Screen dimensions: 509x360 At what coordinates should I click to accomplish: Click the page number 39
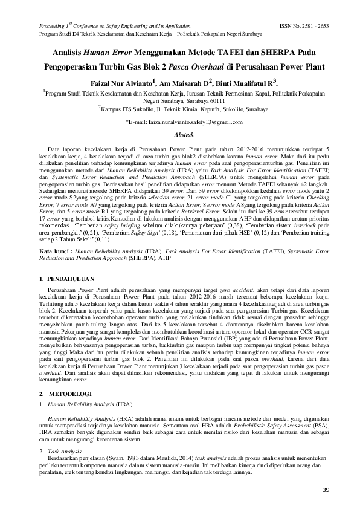(x=326, y=490)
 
